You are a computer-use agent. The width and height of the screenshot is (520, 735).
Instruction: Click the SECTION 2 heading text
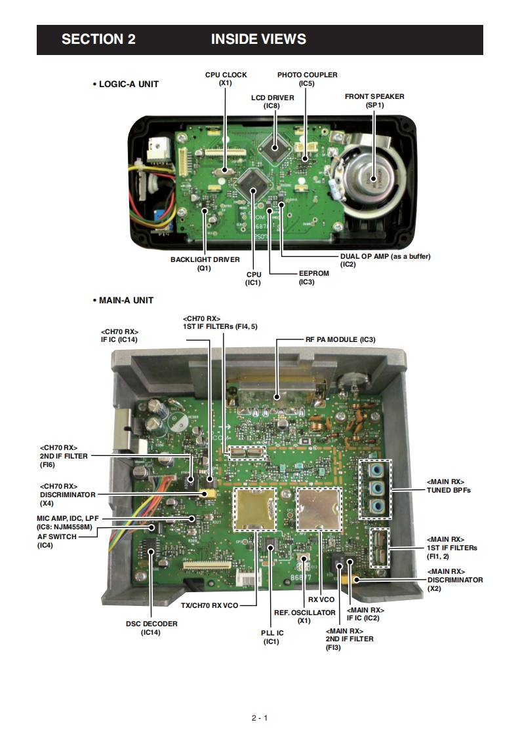coord(98,39)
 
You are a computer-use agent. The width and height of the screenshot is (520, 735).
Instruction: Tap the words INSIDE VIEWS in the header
coord(258,39)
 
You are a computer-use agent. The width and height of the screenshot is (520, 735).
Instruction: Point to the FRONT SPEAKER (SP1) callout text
coord(374,100)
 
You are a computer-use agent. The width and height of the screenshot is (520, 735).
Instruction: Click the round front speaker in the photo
coord(369,175)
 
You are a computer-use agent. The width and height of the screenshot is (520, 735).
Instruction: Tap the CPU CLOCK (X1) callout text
coord(226,79)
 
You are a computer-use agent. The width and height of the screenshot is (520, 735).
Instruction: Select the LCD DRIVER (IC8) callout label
coord(272,101)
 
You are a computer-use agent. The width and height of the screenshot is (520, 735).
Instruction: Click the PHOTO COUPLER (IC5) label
coord(307,79)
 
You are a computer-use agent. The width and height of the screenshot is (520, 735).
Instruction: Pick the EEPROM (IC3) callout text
coord(313,278)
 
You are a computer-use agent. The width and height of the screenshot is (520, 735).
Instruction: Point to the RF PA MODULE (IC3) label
coord(340,340)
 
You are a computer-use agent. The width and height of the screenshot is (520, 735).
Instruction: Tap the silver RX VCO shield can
coord(319,508)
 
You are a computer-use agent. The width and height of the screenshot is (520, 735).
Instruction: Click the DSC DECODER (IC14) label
coord(151,628)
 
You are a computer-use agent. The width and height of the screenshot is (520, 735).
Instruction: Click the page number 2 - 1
coord(260,718)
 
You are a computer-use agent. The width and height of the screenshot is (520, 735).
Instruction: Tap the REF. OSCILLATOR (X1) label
coord(304,616)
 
